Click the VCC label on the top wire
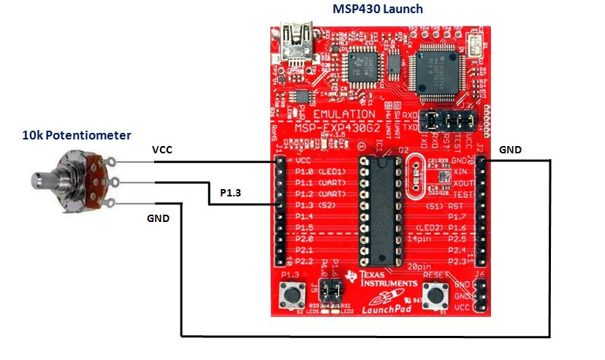coord(162,150)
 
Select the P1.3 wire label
coord(232,193)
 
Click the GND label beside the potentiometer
coord(159,218)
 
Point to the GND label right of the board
coord(510,150)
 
